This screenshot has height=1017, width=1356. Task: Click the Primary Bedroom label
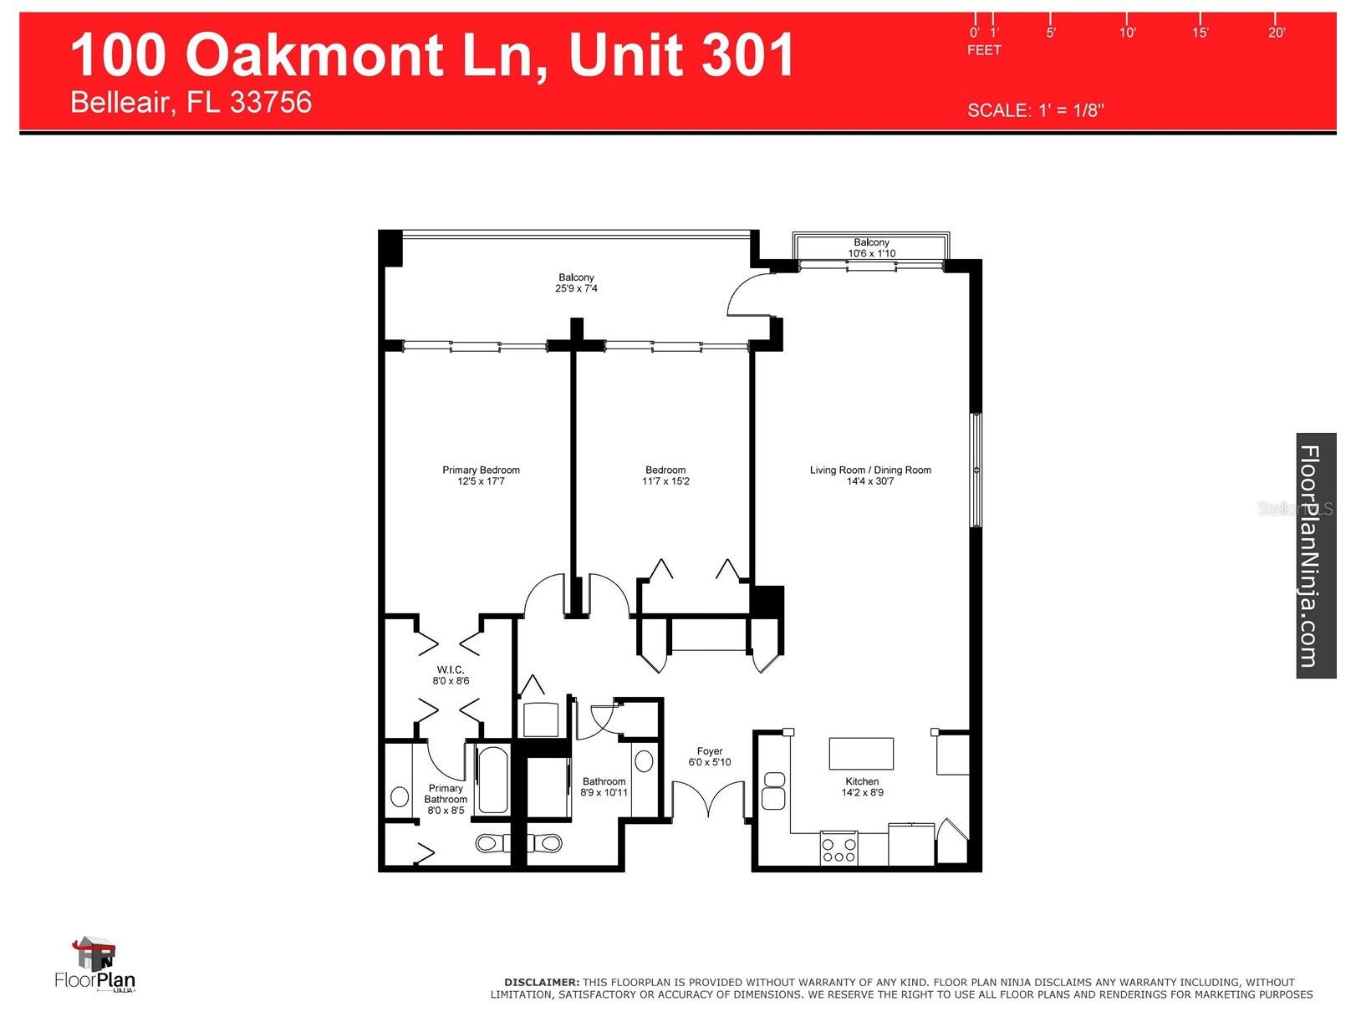[x=481, y=470]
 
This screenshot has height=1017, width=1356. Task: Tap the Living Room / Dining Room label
[x=869, y=470]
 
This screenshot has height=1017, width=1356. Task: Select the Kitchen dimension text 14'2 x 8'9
[x=862, y=792]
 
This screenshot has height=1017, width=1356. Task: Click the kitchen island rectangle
[x=860, y=753]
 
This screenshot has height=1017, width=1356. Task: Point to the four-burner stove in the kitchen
[x=839, y=847]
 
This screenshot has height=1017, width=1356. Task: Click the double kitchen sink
[x=773, y=790]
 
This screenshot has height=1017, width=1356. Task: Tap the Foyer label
[x=709, y=751]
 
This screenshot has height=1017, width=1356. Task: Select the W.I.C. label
[x=450, y=669]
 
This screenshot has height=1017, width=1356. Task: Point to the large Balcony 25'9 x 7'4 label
[x=576, y=282]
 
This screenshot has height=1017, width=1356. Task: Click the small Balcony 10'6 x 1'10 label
[x=871, y=247]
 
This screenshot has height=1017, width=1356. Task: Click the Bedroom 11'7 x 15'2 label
[x=665, y=475]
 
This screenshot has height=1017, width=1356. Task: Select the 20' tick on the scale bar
[x=1275, y=32]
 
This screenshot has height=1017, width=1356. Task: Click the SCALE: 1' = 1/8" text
[x=1035, y=110]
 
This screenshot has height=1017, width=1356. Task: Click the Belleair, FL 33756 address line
[x=191, y=102]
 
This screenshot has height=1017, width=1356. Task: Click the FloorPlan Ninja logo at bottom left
[x=94, y=964]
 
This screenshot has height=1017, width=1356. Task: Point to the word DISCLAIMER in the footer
[x=541, y=982]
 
